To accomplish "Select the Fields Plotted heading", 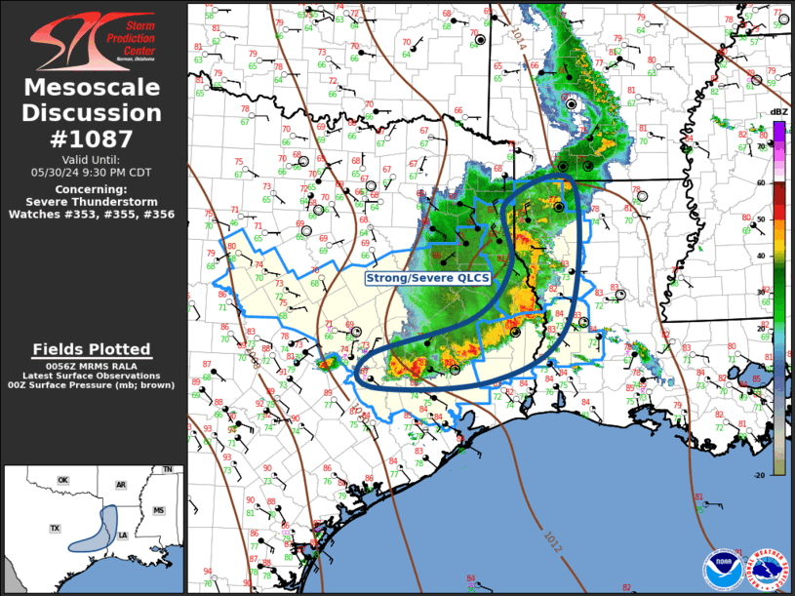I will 93,349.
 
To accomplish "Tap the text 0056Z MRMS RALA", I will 93,365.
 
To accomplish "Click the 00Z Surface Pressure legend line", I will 93,386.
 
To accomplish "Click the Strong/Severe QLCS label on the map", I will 427,278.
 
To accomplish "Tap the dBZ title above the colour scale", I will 778,112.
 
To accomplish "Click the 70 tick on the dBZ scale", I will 761,146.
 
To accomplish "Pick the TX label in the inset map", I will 55,528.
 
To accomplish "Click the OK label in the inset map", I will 62,481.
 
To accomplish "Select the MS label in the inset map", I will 158,510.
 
